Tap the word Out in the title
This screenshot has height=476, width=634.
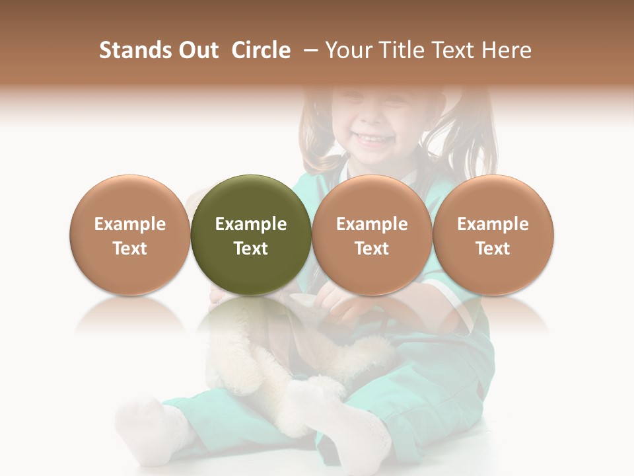(196, 50)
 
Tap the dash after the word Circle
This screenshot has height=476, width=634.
(308, 50)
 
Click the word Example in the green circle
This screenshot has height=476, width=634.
(251, 224)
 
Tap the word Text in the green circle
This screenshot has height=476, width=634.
(251, 249)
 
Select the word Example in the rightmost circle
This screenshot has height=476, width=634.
(493, 224)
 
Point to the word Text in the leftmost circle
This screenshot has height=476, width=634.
(129, 249)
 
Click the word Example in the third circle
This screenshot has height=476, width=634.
(372, 224)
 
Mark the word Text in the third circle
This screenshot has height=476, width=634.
(372, 249)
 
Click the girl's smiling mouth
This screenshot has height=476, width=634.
(371, 139)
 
